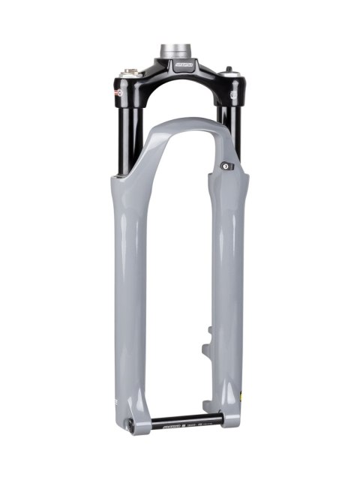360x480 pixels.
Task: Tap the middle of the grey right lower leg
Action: pos(229,285)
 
